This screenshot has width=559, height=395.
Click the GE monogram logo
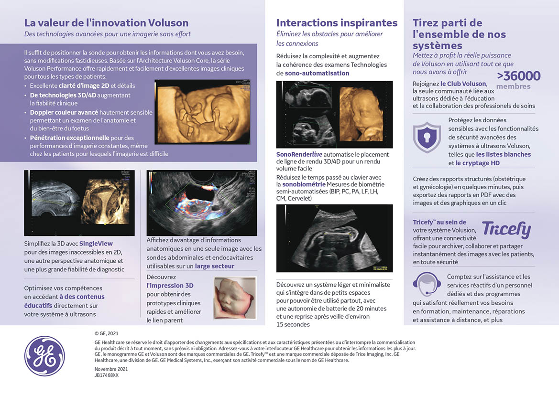pos(44,356)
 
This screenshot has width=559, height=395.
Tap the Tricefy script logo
pos(506,230)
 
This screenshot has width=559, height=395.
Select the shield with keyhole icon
pos(427,137)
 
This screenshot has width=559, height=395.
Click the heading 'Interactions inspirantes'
pos(337,23)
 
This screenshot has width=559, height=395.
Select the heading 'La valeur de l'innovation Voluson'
pos(106,23)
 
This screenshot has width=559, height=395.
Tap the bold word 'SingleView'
pos(96,244)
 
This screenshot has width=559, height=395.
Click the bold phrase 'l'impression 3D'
pos(170,286)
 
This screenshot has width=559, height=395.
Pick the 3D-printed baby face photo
pos(235,299)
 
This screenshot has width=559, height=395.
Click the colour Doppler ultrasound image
pos(201,203)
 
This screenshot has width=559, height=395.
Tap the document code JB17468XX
pos(107,375)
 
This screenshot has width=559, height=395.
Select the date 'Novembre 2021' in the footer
pos(111,369)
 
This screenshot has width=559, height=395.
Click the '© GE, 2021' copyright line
pos(107,333)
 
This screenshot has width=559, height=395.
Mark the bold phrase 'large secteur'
pos(215,266)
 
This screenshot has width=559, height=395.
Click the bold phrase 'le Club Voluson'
pos(463,84)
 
